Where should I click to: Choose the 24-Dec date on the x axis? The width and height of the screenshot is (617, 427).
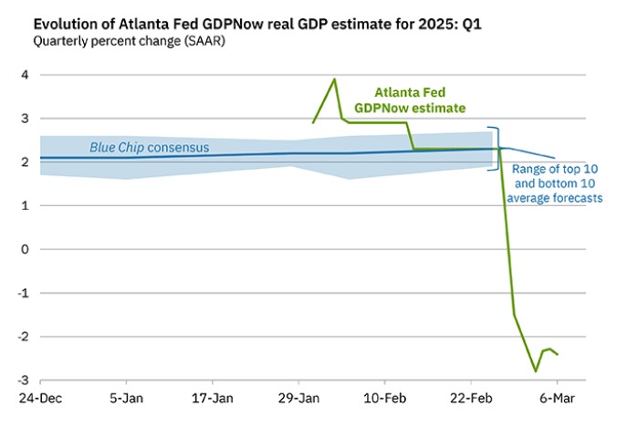click(40, 399)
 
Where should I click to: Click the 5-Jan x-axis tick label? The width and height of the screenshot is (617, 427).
click(127, 399)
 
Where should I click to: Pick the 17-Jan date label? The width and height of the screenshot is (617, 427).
click(213, 399)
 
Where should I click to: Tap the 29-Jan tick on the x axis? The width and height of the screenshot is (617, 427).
click(298, 399)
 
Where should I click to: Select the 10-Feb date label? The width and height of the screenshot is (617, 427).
click(384, 399)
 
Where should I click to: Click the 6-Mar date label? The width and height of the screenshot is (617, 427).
click(557, 399)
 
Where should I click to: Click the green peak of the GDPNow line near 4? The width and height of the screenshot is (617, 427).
click(334, 78)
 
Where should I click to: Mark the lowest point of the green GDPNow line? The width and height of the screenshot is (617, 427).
click(536, 370)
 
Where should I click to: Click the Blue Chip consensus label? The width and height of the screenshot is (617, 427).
click(149, 148)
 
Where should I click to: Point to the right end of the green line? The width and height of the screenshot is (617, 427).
click(558, 354)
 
